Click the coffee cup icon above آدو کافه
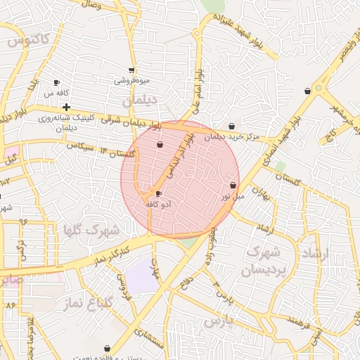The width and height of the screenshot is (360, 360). click(x=158, y=193)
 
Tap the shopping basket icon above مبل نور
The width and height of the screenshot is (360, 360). click(x=233, y=185)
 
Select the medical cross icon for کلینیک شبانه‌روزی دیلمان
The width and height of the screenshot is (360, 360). click(x=66, y=108)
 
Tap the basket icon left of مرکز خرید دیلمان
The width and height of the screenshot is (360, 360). click(x=233, y=127)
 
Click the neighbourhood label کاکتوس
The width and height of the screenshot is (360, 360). click(x=30, y=41)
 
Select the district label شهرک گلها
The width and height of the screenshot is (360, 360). click(x=91, y=230)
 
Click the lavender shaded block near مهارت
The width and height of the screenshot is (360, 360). click(x=143, y=276)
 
